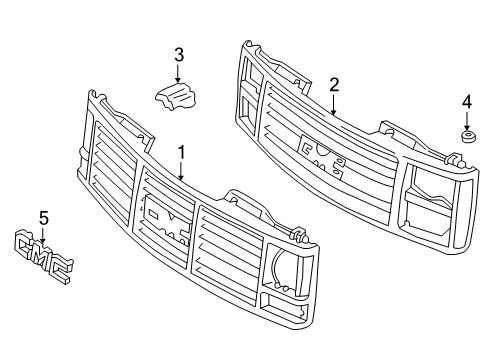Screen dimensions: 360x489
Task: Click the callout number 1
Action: click(x=181, y=152)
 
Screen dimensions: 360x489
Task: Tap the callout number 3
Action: click(x=179, y=54)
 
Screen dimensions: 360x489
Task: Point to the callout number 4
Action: click(x=466, y=101)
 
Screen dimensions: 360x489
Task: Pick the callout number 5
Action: click(x=42, y=215)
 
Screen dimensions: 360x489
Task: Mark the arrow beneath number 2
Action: click(x=333, y=105)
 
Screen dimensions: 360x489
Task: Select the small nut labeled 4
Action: click(x=466, y=135)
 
